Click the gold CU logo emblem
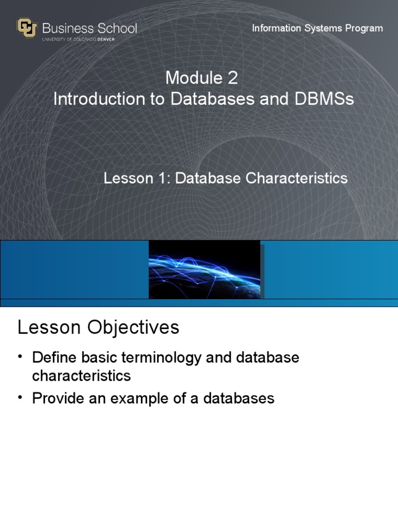tap(27, 28)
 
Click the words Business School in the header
tap(89, 28)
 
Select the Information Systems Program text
tap(317, 28)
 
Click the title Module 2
tap(202, 78)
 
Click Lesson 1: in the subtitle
tap(137, 178)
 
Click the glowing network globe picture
tap(205, 270)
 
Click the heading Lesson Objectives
tap(98, 328)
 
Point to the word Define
tap(55, 358)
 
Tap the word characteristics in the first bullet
tap(81, 375)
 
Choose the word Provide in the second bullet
tap(58, 398)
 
